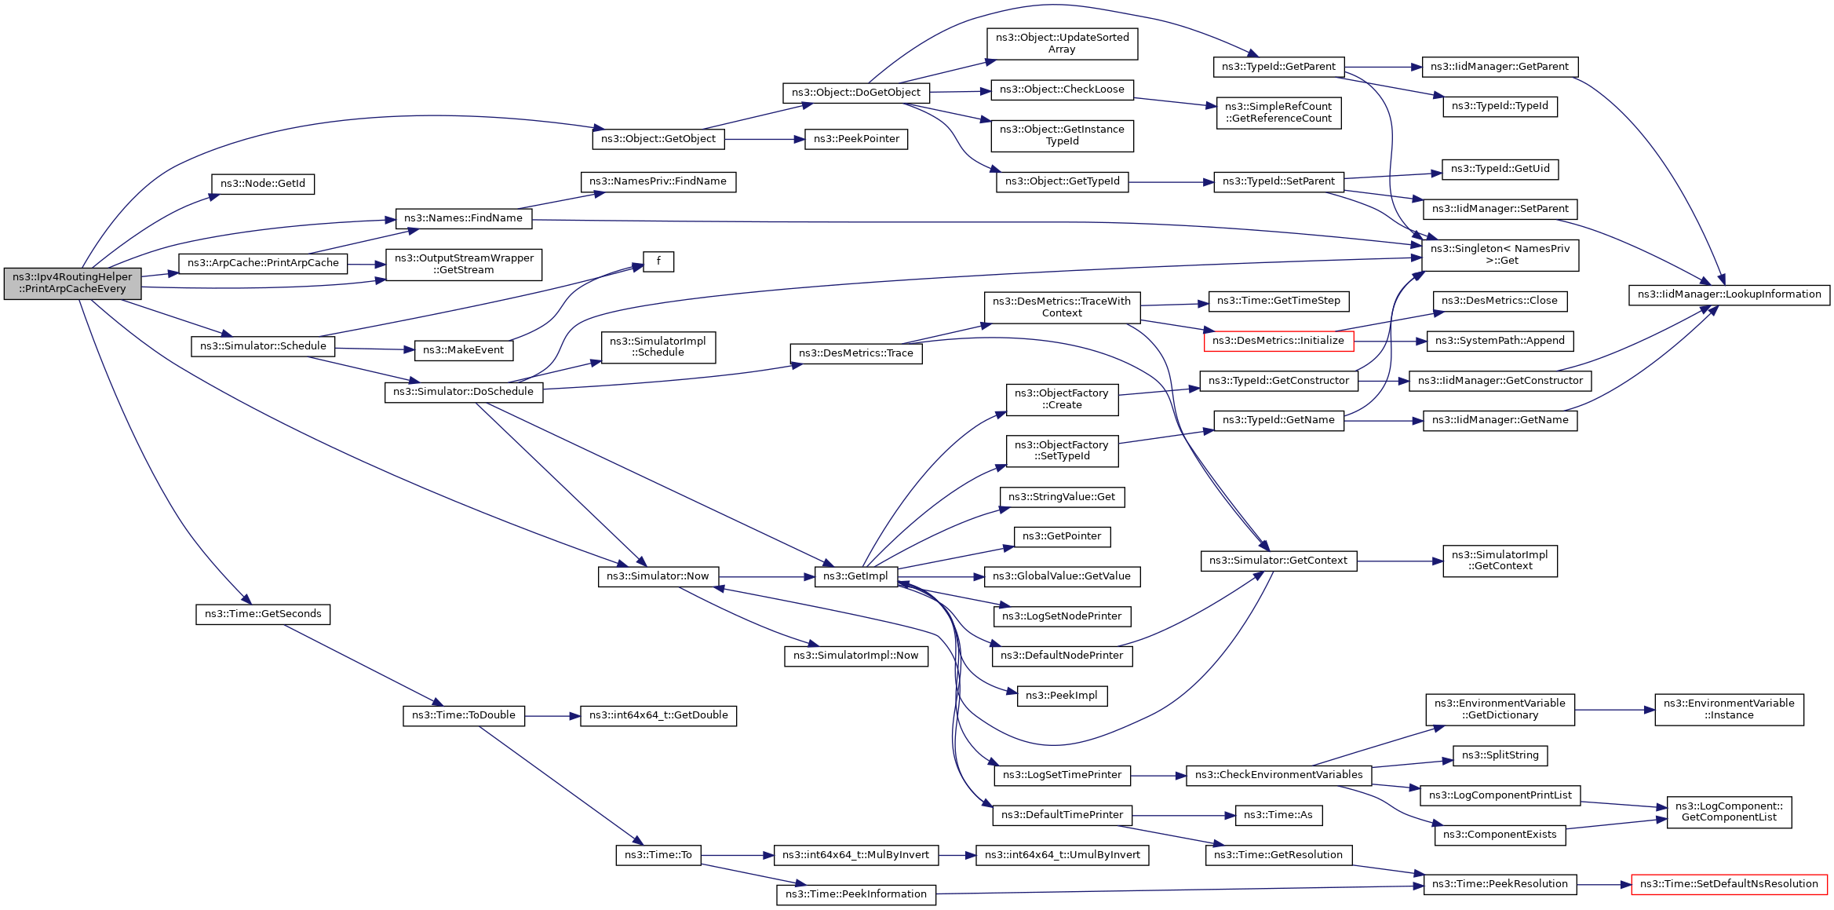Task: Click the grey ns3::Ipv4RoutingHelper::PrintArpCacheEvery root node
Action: pos(72,283)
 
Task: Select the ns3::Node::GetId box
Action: pos(263,184)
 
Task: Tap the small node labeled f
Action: pos(658,261)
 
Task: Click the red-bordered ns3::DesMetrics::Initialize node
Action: pos(1278,341)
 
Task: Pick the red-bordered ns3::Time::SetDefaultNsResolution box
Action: pos(1729,884)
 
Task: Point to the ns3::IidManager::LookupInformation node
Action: pos(1729,294)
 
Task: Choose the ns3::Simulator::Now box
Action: pos(658,576)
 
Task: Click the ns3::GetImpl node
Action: pos(855,576)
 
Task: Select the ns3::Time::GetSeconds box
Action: pos(263,614)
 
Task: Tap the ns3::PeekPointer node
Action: pos(856,139)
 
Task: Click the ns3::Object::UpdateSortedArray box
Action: pos(1062,43)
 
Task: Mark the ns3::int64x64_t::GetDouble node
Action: pos(658,715)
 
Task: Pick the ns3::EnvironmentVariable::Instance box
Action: pos(1729,709)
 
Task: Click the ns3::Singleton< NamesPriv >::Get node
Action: pos(1500,254)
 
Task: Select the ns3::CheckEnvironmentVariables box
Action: pos(1278,775)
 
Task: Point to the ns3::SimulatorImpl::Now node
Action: pos(855,656)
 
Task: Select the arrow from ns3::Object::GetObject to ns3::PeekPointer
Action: pos(764,140)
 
